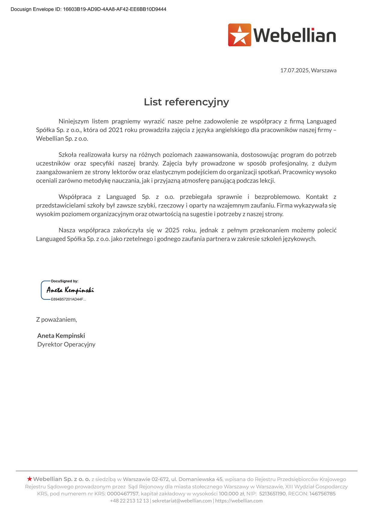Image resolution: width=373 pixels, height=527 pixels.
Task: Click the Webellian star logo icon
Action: (240, 35)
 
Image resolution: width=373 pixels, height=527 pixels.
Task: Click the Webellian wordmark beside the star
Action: (295, 35)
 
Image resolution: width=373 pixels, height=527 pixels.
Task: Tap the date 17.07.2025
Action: (295, 70)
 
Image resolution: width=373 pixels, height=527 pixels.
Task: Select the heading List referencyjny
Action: (186, 102)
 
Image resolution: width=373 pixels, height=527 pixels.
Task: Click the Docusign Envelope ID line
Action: (88, 9)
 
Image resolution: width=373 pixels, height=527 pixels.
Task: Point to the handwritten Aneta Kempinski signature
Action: (70, 290)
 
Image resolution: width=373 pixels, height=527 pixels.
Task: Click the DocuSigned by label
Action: (65, 281)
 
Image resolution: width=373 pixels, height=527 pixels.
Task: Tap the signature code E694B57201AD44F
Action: (68, 299)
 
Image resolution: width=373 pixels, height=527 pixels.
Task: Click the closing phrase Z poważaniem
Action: (57, 319)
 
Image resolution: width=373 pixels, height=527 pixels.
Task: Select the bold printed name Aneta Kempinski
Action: (61, 336)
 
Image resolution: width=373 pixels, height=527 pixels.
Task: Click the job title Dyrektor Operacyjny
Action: (66, 344)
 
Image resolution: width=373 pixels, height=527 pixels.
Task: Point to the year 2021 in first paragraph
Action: (116, 130)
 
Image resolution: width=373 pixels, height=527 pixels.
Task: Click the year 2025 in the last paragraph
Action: (172, 230)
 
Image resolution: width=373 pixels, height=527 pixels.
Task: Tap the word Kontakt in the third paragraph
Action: (317, 197)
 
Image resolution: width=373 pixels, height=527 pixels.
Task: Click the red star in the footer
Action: (29, 479)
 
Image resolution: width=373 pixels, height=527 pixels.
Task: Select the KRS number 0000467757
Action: (123, 494)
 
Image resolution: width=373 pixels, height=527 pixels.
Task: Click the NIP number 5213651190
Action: (272, 494)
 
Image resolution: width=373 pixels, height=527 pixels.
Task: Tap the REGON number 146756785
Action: (323, 494)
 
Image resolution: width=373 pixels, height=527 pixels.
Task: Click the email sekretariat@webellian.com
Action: (182, 501)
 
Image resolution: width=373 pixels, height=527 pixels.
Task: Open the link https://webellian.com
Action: (239, 501)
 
